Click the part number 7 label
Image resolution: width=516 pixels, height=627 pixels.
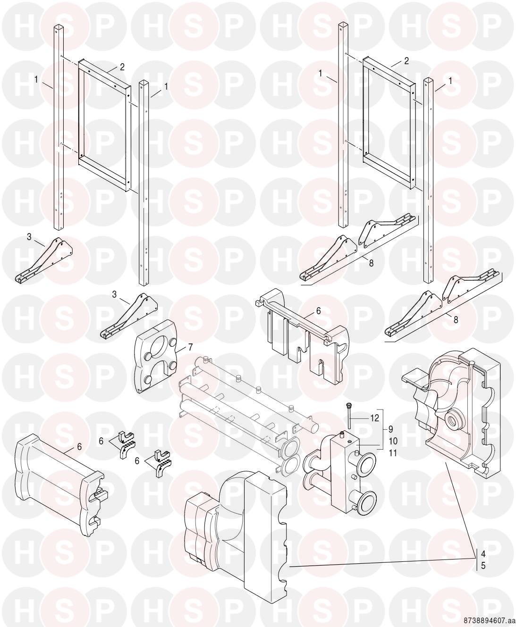coord(190,347)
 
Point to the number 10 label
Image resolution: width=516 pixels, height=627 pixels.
coord(392,441)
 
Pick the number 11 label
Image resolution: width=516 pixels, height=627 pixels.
coord(392,453)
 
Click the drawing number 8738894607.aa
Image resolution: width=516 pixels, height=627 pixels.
coord(489,621)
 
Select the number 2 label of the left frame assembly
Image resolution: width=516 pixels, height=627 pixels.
coord(122,67)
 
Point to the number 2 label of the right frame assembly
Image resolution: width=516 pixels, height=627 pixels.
coord(406,61)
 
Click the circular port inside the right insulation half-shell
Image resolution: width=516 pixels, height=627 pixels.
coord(455,420)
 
